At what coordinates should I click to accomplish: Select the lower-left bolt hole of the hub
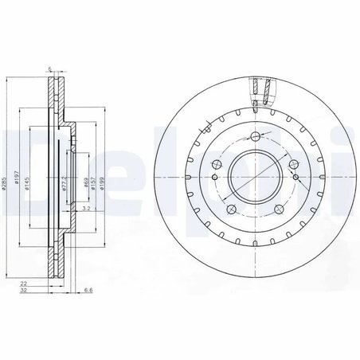(229, 209)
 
